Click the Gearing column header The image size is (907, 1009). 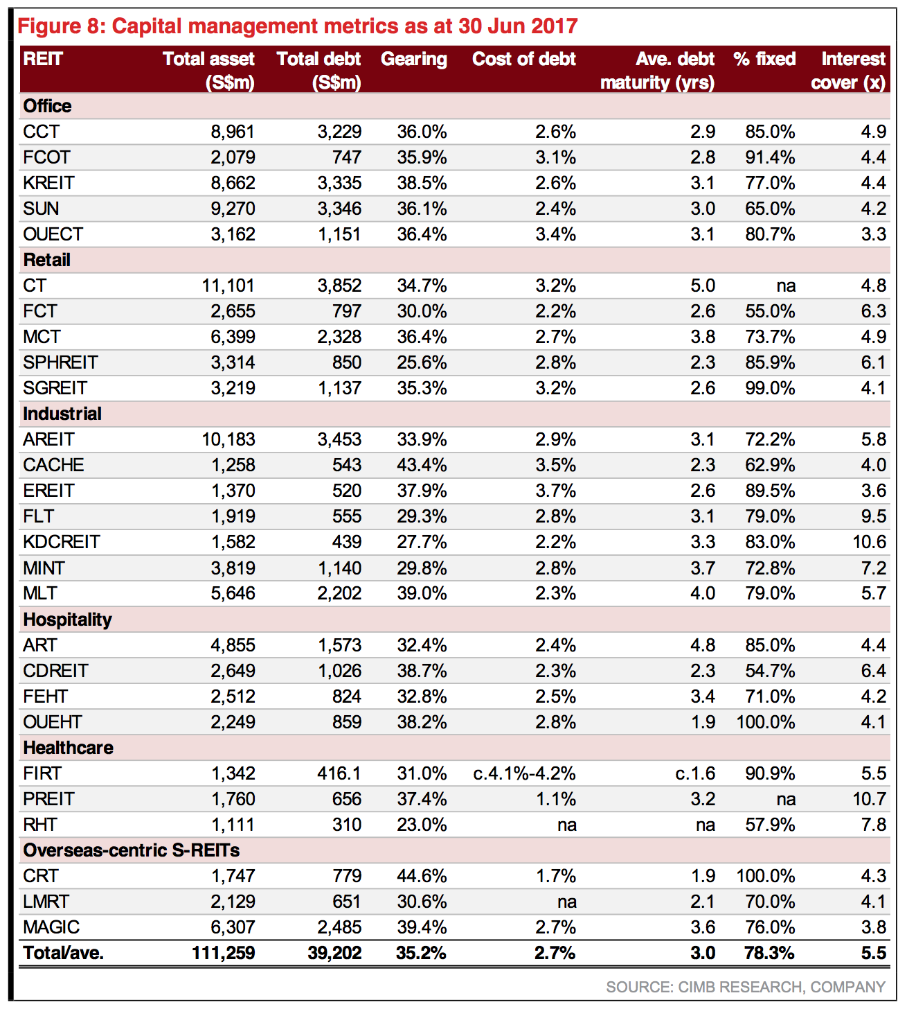[x=413, y=60]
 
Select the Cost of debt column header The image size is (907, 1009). [x=524, y=59]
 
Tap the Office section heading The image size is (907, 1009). [x=47, y=106]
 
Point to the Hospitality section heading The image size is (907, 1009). [x=67, y=620]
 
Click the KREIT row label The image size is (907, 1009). [x=48, y=182]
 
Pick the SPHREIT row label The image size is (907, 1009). [x=60, y=362]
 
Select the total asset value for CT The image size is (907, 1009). [x=228, y=286]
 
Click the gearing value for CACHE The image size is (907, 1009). [x=422, y=465]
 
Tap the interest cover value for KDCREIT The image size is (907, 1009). [x=870, y=542]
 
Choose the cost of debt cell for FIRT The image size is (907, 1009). [x=524, y=773]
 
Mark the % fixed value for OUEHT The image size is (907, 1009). [x=766, y=722]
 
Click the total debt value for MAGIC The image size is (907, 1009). [x=339, y=927]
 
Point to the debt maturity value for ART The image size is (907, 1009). [x=702, y=645]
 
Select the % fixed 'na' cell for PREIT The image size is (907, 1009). [x=786, y=799]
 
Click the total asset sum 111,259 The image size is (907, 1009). [x=224, y=953]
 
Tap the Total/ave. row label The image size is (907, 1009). [x=63, y=953]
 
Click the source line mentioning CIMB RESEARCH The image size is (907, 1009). [x=746, y=987]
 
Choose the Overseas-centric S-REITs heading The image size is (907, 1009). [x=132, y=850]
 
